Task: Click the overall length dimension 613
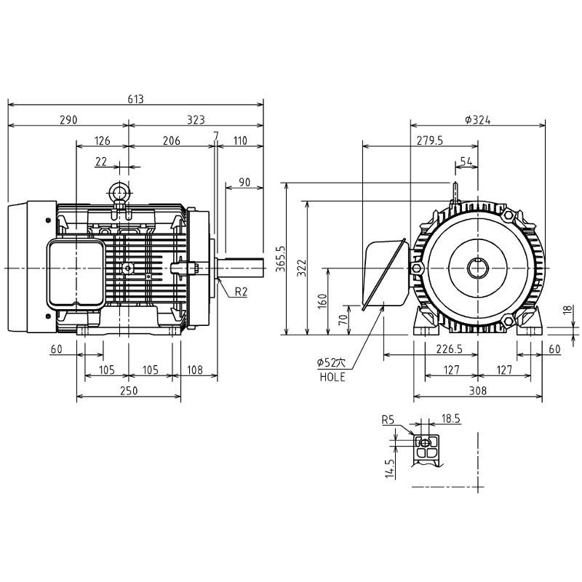[x=135, y=99]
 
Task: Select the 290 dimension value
[x=68, y=120]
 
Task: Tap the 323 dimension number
[x=196, y=120]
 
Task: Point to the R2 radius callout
[x=241, y=292]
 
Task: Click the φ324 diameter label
[x=478, y=120]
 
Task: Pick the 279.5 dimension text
[x=430, y=140]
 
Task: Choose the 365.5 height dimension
[x=281, y=259]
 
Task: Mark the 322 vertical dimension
[x=302, y=268]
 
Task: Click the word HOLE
[x=332, y=377]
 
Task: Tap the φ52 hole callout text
[x=331, y=362]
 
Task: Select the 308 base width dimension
[x=478, y=391]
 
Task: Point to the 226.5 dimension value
[x=449, y=349]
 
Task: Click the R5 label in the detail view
[x=388, y=420]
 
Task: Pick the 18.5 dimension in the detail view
[x=450, y=419]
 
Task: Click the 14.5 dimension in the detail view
[x=389, y=469]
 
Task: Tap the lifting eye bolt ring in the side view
[x=119, y=192]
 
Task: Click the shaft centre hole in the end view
[x=478, y=268]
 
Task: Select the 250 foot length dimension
[x=129, y=391]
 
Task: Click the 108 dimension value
[x=195, y=370]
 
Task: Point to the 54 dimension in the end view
[x=466, y=162]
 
